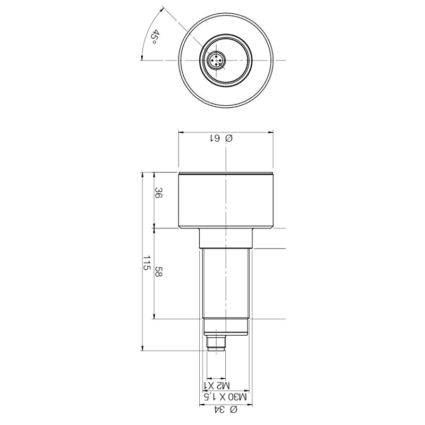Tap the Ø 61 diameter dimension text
point(222,139)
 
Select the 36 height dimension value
point(158,192)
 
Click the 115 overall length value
point(147,262)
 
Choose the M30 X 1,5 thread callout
point(225,397)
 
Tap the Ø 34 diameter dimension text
point(226,410)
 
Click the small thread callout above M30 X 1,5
point(217,385)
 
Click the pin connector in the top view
point(216,60)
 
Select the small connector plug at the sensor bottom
point(216,343)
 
